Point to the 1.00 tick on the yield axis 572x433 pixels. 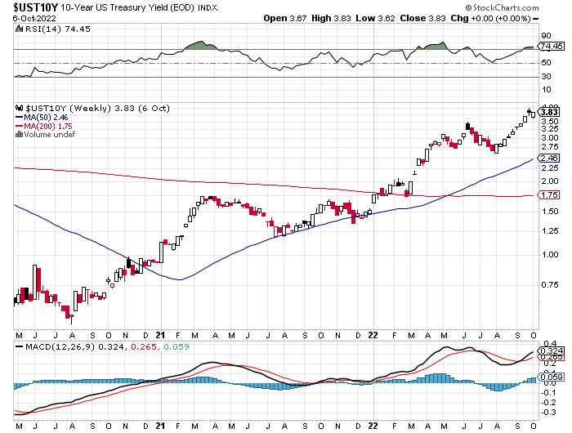click(x=548, y=254)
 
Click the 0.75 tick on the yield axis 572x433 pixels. click(x=548, y=285)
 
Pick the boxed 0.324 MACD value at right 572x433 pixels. click(x=550, y=350)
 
